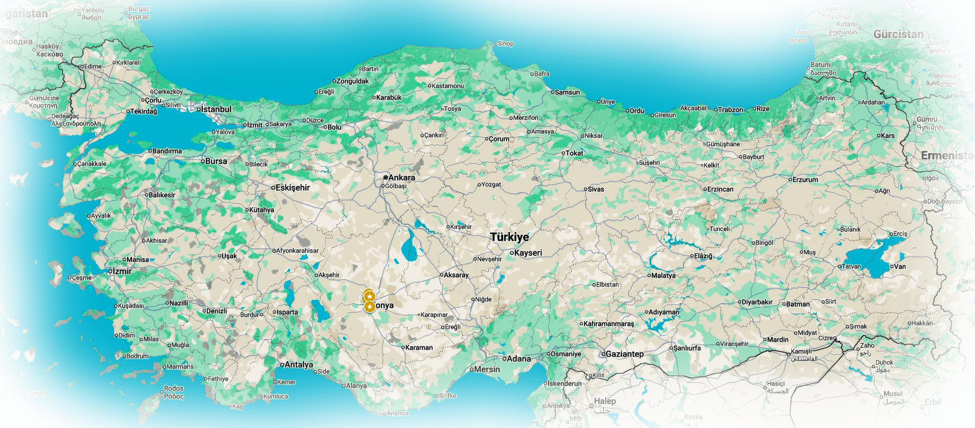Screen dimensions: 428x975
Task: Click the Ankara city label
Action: [x=402, y=177]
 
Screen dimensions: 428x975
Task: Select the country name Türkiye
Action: [x=509, y=237]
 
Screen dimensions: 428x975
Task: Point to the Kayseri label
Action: [x=528, y=253]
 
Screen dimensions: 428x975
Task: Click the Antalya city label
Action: [x=298, y=365]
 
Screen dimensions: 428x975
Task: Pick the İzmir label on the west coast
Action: [x=122, y=271]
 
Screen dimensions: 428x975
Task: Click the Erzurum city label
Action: [x=805, y=180]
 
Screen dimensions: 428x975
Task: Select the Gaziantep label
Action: [x=624, y=354]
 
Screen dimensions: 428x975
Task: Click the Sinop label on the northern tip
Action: [x=505, y=43]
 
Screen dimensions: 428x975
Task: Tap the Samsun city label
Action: [x=567, y=92]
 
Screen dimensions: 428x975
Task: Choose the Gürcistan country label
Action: [x=898, y=34]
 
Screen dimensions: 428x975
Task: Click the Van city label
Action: [x=899, y=266]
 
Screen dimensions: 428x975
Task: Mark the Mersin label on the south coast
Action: [x=487, y=369]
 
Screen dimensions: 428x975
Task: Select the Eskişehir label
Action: [x=293, y=188]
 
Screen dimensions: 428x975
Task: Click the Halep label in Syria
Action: [x=605, y=401]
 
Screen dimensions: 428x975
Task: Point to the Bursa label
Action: [x=216, y=161]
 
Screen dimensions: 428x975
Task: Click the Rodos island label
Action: [x=174, y=388]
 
